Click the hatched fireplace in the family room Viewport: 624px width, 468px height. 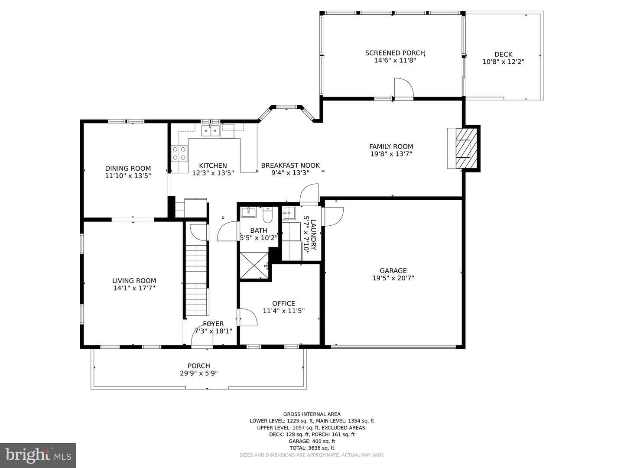[x=466, y=148]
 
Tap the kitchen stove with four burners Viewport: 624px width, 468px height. [x=179, y=153]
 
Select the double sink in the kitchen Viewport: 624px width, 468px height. [x=210, y=131]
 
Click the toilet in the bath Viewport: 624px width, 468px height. [x=267, y=215]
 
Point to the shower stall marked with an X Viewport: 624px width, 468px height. [x=254, y=265]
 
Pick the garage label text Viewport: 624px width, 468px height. [x=393, y=270]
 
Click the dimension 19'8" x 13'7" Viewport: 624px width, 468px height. [x=391, y=154]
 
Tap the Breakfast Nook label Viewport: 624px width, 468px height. [x=290, y=166]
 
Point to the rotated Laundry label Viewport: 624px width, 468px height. [x=313, y=235]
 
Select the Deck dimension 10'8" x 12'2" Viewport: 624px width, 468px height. [x=503, y=62]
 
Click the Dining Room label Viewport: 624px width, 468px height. [x=128, y=168]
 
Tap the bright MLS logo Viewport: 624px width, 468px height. [x=38, y=455]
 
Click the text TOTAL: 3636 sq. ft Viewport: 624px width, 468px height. [x=312, y=448]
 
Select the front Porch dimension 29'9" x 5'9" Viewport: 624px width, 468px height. [x=199, y=373]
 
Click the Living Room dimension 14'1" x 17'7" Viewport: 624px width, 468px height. [x=134, y=288]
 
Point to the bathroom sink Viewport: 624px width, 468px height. [x=248, y=212]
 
